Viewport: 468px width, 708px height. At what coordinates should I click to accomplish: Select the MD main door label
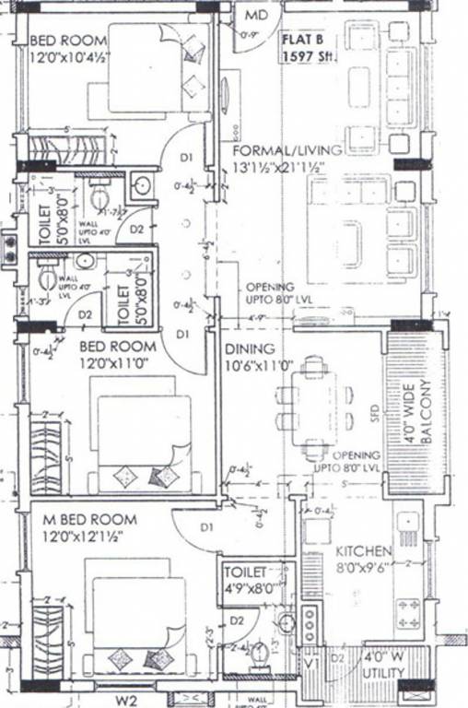click(x=256, y=16)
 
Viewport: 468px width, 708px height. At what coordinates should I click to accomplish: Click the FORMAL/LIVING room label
click(x=275, y=150)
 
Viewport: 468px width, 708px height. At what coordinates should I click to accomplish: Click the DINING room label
click(x=250, y=349)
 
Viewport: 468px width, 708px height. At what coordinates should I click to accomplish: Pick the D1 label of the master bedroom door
click(x=207, y=527)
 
